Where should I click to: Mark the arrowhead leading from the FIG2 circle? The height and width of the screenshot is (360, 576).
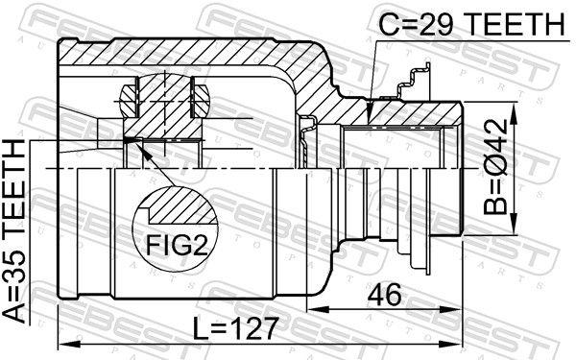tap(132, 142)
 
